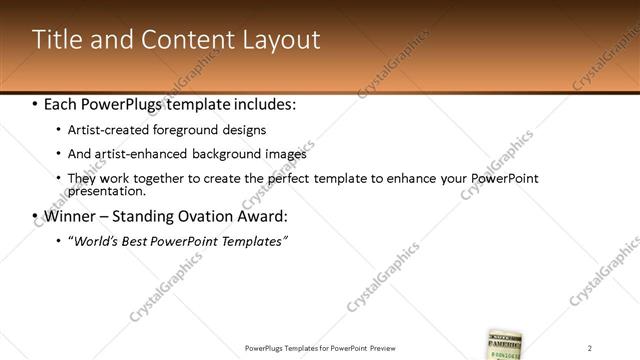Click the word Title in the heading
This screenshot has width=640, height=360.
pyautogui.click(x=55, y=40)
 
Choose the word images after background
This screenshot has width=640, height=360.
pyautogui.click(x=284, y=154)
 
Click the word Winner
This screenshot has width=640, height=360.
pyautogui.click(x=73, y=216)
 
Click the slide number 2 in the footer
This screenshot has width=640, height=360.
pyautogui.click(x=590, y=347)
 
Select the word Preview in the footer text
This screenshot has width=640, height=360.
pyautogui.click(x=387, y=347)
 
